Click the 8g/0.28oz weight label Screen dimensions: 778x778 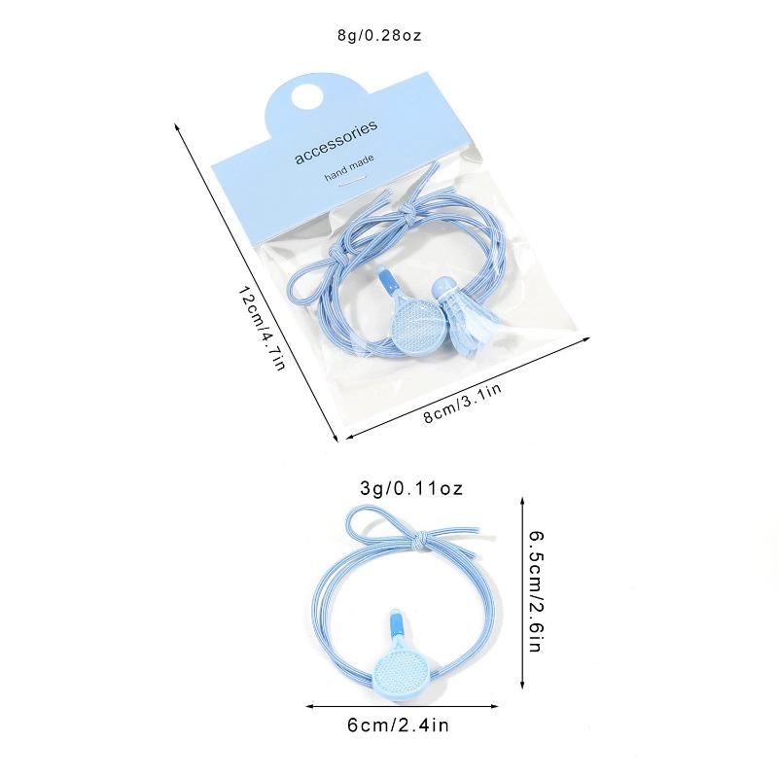pos(379,36)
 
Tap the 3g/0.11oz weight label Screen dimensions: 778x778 pos(411,489)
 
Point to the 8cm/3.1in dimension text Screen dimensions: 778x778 pos(463,402)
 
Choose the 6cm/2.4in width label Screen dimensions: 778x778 pos(398,725)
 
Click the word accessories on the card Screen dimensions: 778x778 pos(336,141)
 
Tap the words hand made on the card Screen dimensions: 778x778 pos(349,167)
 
